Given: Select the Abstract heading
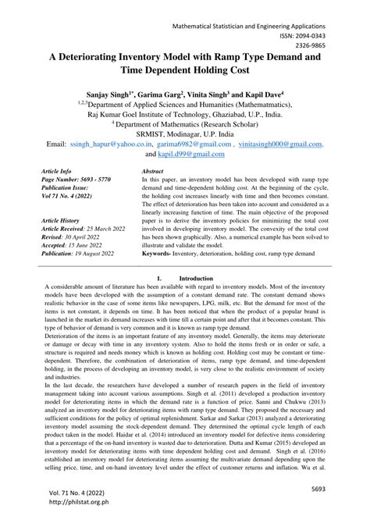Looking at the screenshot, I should [x=152, y=169].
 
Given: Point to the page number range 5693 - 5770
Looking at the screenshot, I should [x=93, y=179].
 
